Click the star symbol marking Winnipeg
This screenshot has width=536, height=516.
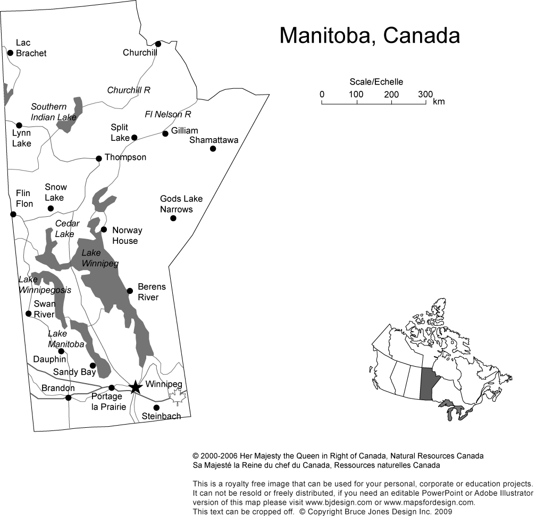click(x=136, y=387)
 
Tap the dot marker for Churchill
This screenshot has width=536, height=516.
click(x=158, y=44)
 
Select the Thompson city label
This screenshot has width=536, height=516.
click(x=125, y=157)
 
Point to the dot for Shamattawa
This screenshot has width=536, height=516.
click(x=213, y=148)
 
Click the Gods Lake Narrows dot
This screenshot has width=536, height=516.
click(x=173, y=218)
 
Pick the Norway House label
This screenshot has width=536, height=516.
click(x=127, y=235)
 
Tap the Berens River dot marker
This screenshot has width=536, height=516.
click(x=130, y=291)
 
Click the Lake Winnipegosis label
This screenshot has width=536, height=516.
click(x=45, y=285)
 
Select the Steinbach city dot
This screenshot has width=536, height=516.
click(x=156, y=408)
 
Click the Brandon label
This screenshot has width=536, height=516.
click(x=58, y=388)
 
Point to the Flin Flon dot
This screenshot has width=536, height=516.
click(x=13, y=214)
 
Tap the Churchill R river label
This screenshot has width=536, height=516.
click(x=129, y=90)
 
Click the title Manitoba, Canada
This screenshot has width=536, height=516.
click(x=370, y=36)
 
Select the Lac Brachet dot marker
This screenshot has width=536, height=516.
click(x=10, y=53)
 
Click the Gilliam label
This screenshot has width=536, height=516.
click(x=185, y=131)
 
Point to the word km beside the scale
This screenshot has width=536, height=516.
click(x=439, y=101)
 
